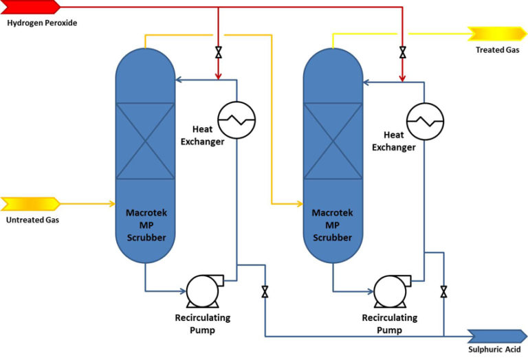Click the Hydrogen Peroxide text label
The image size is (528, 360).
coord(42,23)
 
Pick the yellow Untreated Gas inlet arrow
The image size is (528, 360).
coord(30,204)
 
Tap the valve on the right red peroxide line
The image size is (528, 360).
coord(403,52)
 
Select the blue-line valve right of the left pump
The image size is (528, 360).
coord(265,291)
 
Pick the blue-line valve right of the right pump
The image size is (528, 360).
coord(444,291)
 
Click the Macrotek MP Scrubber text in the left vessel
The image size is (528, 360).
coord(145,225)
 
